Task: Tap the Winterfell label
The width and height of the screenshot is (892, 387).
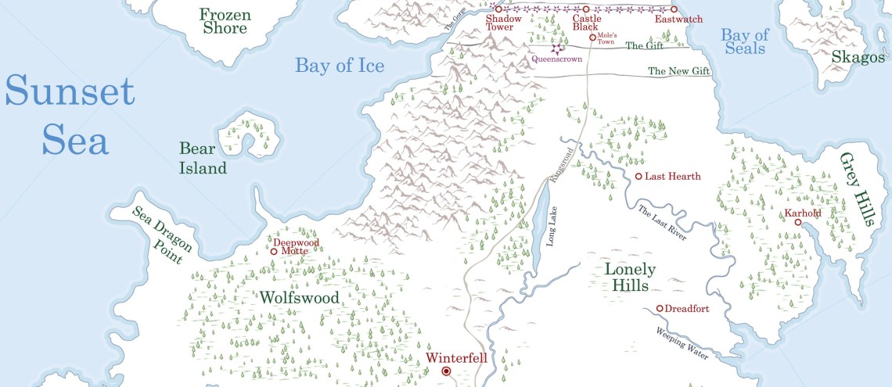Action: click(x=456, y=359)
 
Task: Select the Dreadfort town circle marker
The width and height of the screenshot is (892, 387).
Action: click(x=660, y=309)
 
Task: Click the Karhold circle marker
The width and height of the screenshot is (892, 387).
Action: click(x=798, y=223)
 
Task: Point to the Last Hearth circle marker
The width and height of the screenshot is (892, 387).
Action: click(x=638, y=177)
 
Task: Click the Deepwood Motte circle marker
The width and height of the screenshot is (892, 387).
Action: click(x=274, y=252)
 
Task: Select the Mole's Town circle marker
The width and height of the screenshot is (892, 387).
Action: click(x=592, y=37)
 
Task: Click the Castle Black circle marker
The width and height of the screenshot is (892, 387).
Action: click(x=585, y=9)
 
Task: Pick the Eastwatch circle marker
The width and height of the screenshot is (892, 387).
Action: click(x=674, y=9)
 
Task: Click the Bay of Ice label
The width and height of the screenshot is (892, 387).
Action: click(x=340, y=65)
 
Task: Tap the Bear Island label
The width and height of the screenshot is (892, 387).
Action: click(x=203, y=158)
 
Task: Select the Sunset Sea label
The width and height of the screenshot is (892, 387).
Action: click(x=70, y=117)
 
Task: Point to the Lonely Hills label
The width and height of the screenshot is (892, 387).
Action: click(x=631, y=278)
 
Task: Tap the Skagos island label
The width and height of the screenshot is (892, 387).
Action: click(x=858, y=58)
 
